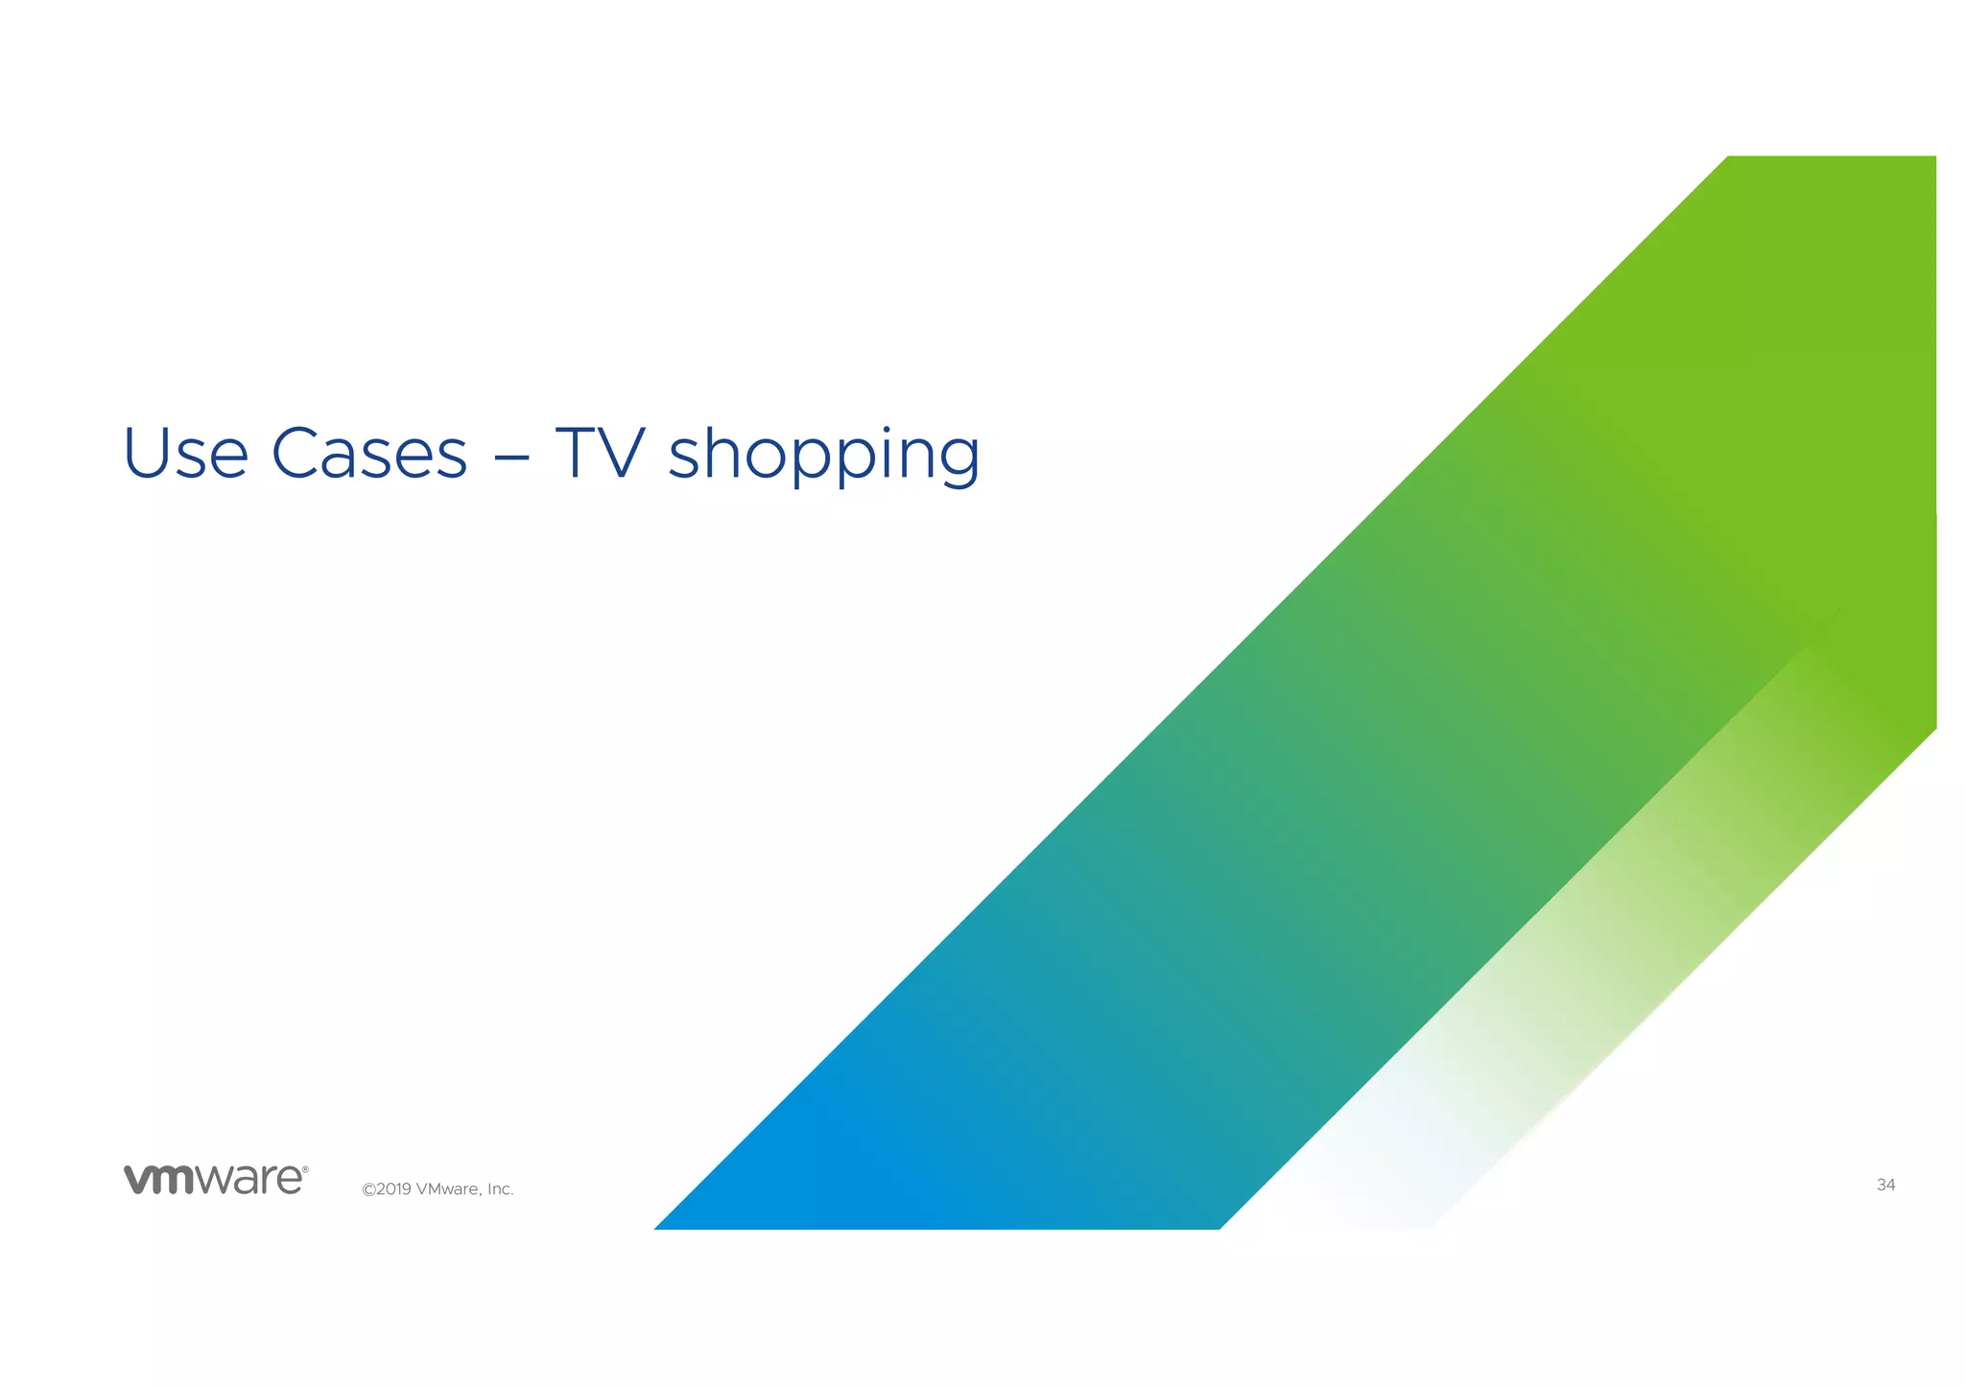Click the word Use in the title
[x=185, y=453]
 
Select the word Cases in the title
[x=369, y=453]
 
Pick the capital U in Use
[x=145, y=452]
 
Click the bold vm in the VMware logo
[x=159, y=1180]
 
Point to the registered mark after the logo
[x=305, y=1169]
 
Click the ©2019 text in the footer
[x=387, y=1189]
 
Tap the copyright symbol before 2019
[x=367, y=1190]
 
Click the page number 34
[x=1885, y=1186]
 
